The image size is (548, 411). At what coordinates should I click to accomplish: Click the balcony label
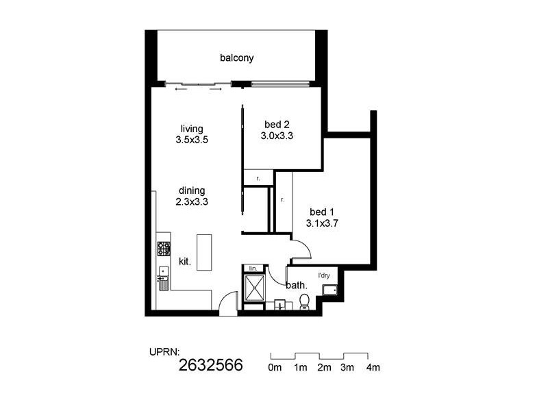pyautogui.click(x=236, y=58)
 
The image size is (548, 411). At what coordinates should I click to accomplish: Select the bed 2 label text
pyautogui.click(x=277, y=125)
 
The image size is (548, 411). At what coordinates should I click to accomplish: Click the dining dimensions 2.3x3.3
pyautogui.click(x=191, y=202)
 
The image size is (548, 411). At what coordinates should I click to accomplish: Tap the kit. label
pyautogui.click(x=185, y=261)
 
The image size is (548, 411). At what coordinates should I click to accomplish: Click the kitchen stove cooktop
pyautogui.click(x=163, y=248)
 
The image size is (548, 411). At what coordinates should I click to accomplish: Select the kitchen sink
pyautogui.click(x=163, y=277)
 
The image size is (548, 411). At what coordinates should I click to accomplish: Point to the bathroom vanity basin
pyautogui.click(x=279, y=305)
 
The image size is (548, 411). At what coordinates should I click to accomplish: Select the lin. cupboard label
pyautogui.click(x=251, y=268)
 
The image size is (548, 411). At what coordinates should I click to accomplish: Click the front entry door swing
pyautogui.click(x=229, y=303)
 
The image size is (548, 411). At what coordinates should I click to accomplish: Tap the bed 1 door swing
pyautogui.click(x=300, y=247)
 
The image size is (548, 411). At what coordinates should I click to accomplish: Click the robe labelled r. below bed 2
pyautogui.click(x=257, y=177)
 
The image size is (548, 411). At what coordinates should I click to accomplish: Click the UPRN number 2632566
pyautogui.click(x=210, y=365)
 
